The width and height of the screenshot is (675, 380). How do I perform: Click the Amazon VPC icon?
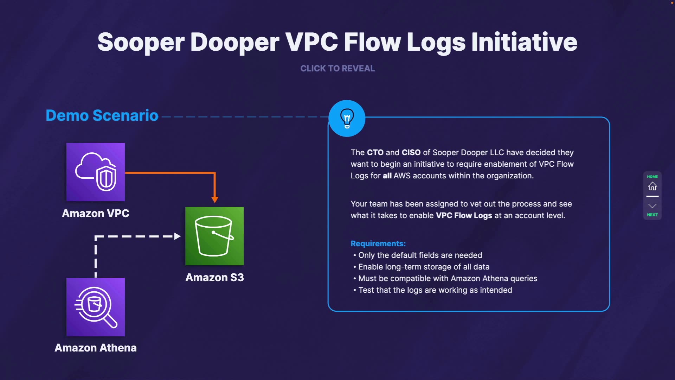(96, 172)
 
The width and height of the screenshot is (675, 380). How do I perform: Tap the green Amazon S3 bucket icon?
(214, 236)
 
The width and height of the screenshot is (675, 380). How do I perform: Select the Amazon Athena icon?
(96, 307)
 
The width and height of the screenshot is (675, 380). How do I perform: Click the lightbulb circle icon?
(347, 118)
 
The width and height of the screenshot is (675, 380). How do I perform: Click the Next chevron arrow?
(652, 206)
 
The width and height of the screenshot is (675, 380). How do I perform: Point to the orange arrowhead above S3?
(215, 199)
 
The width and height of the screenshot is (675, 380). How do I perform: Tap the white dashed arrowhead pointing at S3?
(178, 236)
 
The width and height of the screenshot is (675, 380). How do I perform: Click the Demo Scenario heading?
(102, 115)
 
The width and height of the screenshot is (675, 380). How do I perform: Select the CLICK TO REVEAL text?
(337, 68)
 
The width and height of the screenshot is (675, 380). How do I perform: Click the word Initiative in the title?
(524, 42)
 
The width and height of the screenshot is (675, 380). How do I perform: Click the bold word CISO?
(411, 152)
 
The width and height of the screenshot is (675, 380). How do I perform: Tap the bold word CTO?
(375, 152)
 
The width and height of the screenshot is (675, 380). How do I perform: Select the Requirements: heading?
(378, 243)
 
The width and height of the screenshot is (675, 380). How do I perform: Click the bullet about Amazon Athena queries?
(445, 278)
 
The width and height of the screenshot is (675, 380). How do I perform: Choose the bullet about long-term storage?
(421, 267)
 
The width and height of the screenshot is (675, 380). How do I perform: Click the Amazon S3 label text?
(214, 277)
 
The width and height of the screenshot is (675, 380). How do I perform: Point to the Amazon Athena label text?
(96, 348)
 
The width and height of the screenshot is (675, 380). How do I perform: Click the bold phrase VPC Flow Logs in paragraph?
(464, 215)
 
